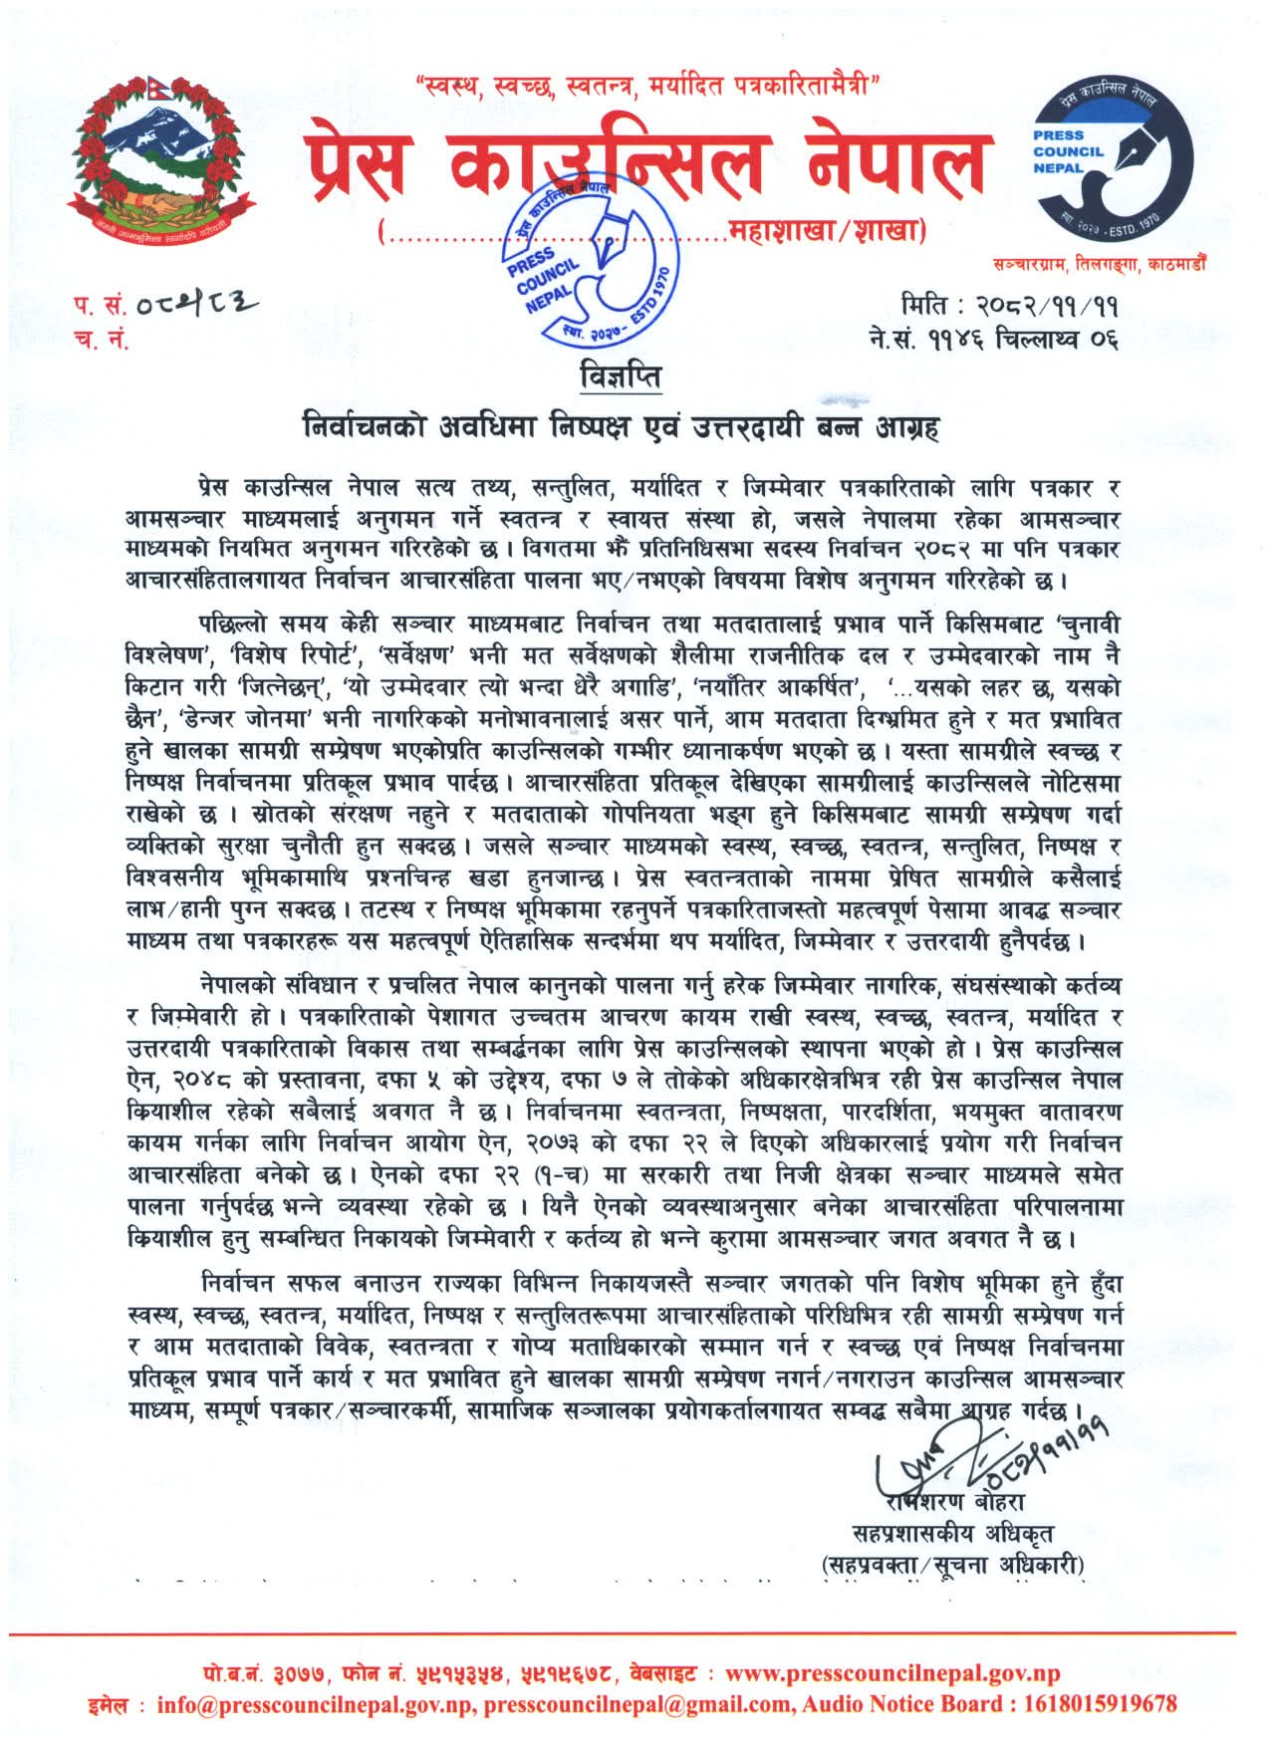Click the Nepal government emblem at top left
click(158, 154)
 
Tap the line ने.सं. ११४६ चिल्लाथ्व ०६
click(993, 340)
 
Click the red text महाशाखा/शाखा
click(827, 233)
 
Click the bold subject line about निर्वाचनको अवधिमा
click(622, 428)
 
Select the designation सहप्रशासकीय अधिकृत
click(952, 1533)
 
